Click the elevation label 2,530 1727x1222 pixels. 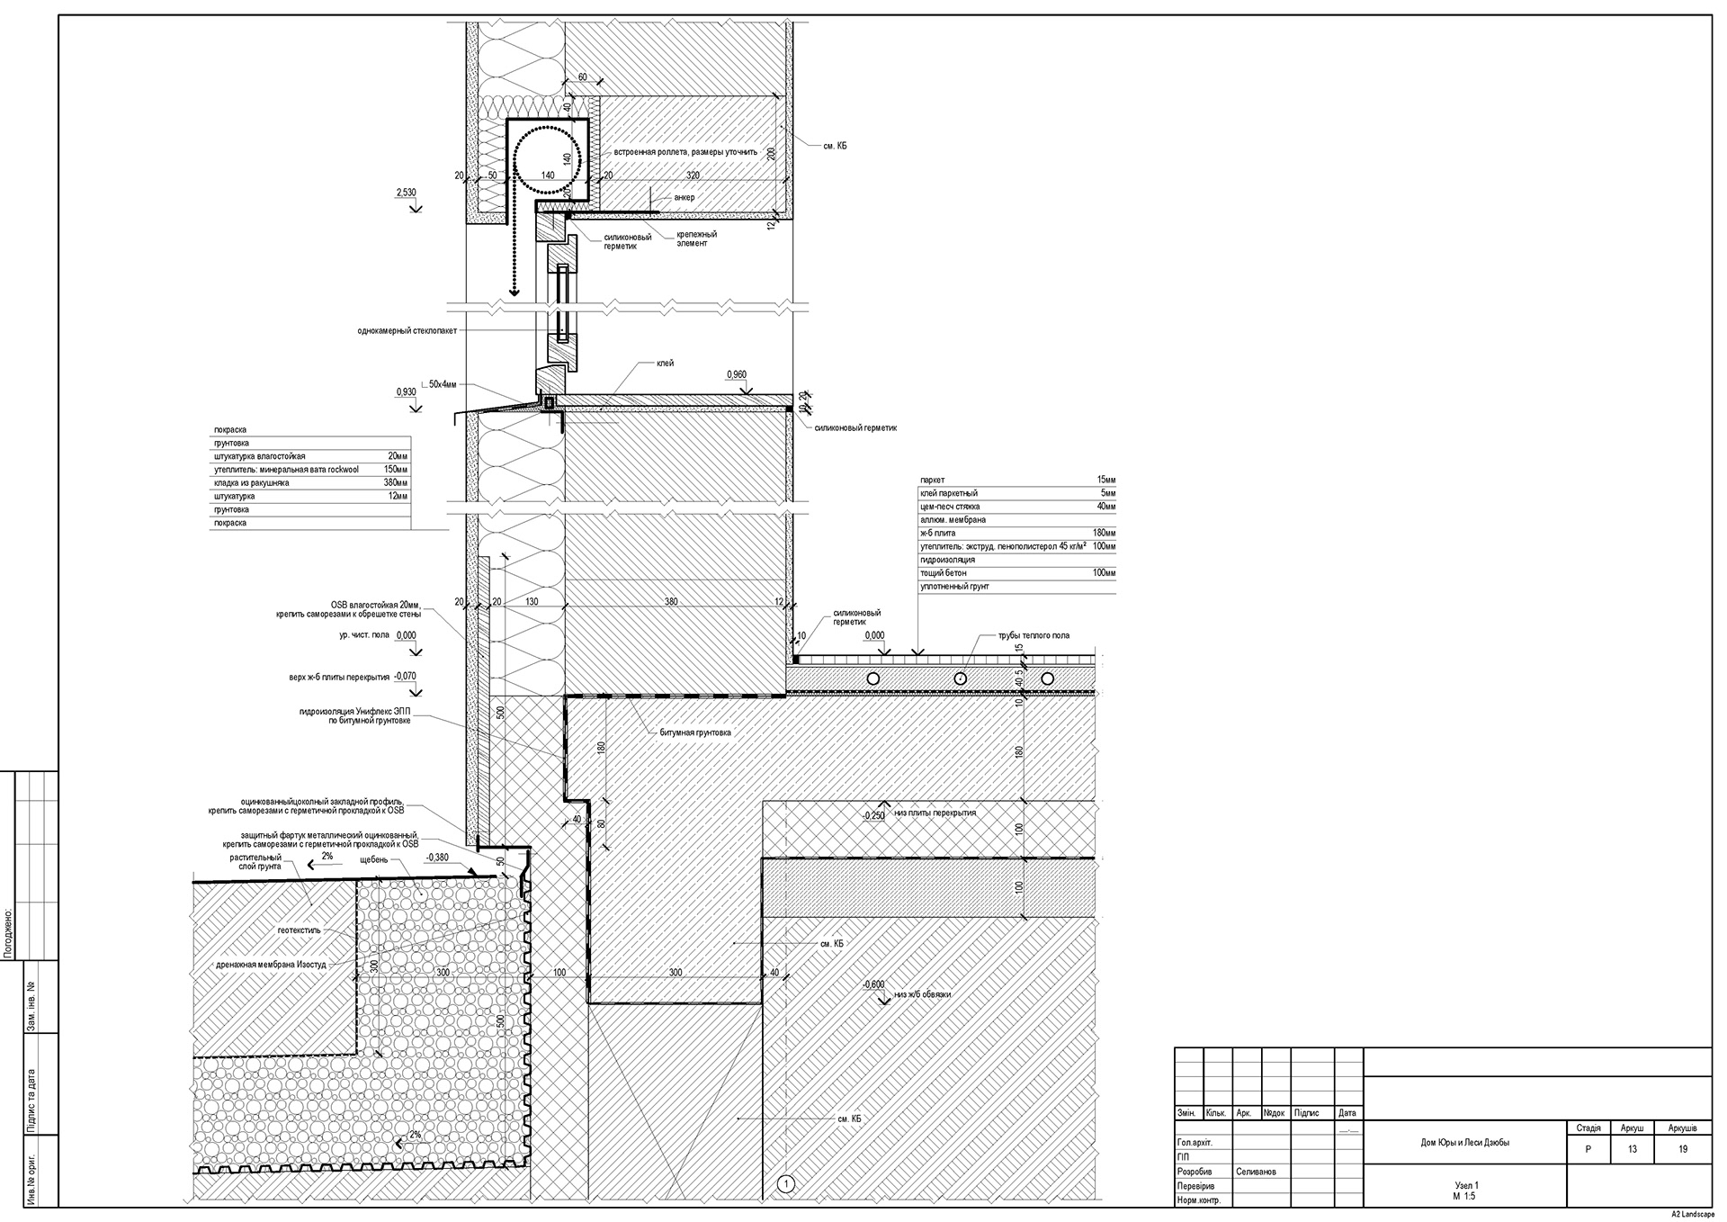[x=406, y=193]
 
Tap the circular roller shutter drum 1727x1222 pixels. [x=546, y=159]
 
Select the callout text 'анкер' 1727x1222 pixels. [x=684, y=197]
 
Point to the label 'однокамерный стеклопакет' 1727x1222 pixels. [x=407, y=331]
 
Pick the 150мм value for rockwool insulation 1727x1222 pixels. [x=395, y=470]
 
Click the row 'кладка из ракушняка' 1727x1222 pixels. [x=251, y=483]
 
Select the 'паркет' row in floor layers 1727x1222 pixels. [x=933, y=481]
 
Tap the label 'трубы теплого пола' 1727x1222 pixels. [x=1034, y=635]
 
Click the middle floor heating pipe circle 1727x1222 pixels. [x=960, y=678]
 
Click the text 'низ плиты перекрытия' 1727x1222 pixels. [x=935, y=813]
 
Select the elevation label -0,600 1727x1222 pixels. [x=873, y=984]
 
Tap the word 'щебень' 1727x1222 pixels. [x=373, y=859]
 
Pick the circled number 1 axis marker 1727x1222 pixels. [x=786, y=1184]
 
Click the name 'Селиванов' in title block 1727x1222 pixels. [x=1256, y=1172]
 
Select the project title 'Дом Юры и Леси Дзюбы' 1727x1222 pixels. [x=1464, y=1143]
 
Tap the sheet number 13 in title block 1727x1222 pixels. [x=1632, y=1149]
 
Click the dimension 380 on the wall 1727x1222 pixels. [x=671, y=602]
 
